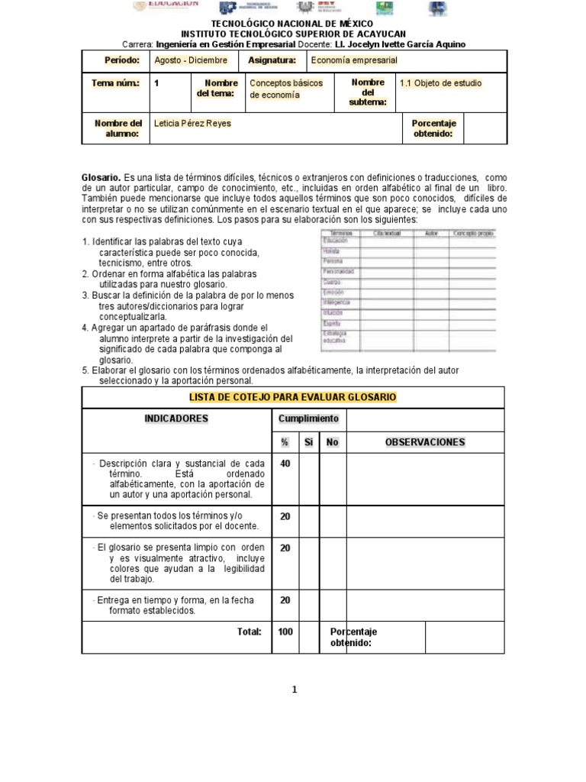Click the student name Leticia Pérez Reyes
pyautogui.click(x=192, y=123)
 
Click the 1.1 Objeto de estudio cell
pyautogui.click(x=440, y=83)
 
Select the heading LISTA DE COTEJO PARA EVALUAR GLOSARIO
pyautogui.click(x=292, y=397)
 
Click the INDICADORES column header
pyautogui.click(x=176, y=418)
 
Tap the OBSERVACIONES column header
pyautogui.click(x=425, y=442)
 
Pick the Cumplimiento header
pyautogui.click(x=309, y=418)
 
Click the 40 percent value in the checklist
pyautogui.click(x=285, y=464)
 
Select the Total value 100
pyautogui.click(x=285, y=632)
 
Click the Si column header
pyautogui.click(x=309, y=442)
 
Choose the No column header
pyautogui.click(x=332, y=442)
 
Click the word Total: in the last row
pyautogui.click(x=249, y=632)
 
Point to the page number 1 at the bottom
pyautogui.click(x=294, y=690)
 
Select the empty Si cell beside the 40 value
pyautogui.click(x=309, y=479)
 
